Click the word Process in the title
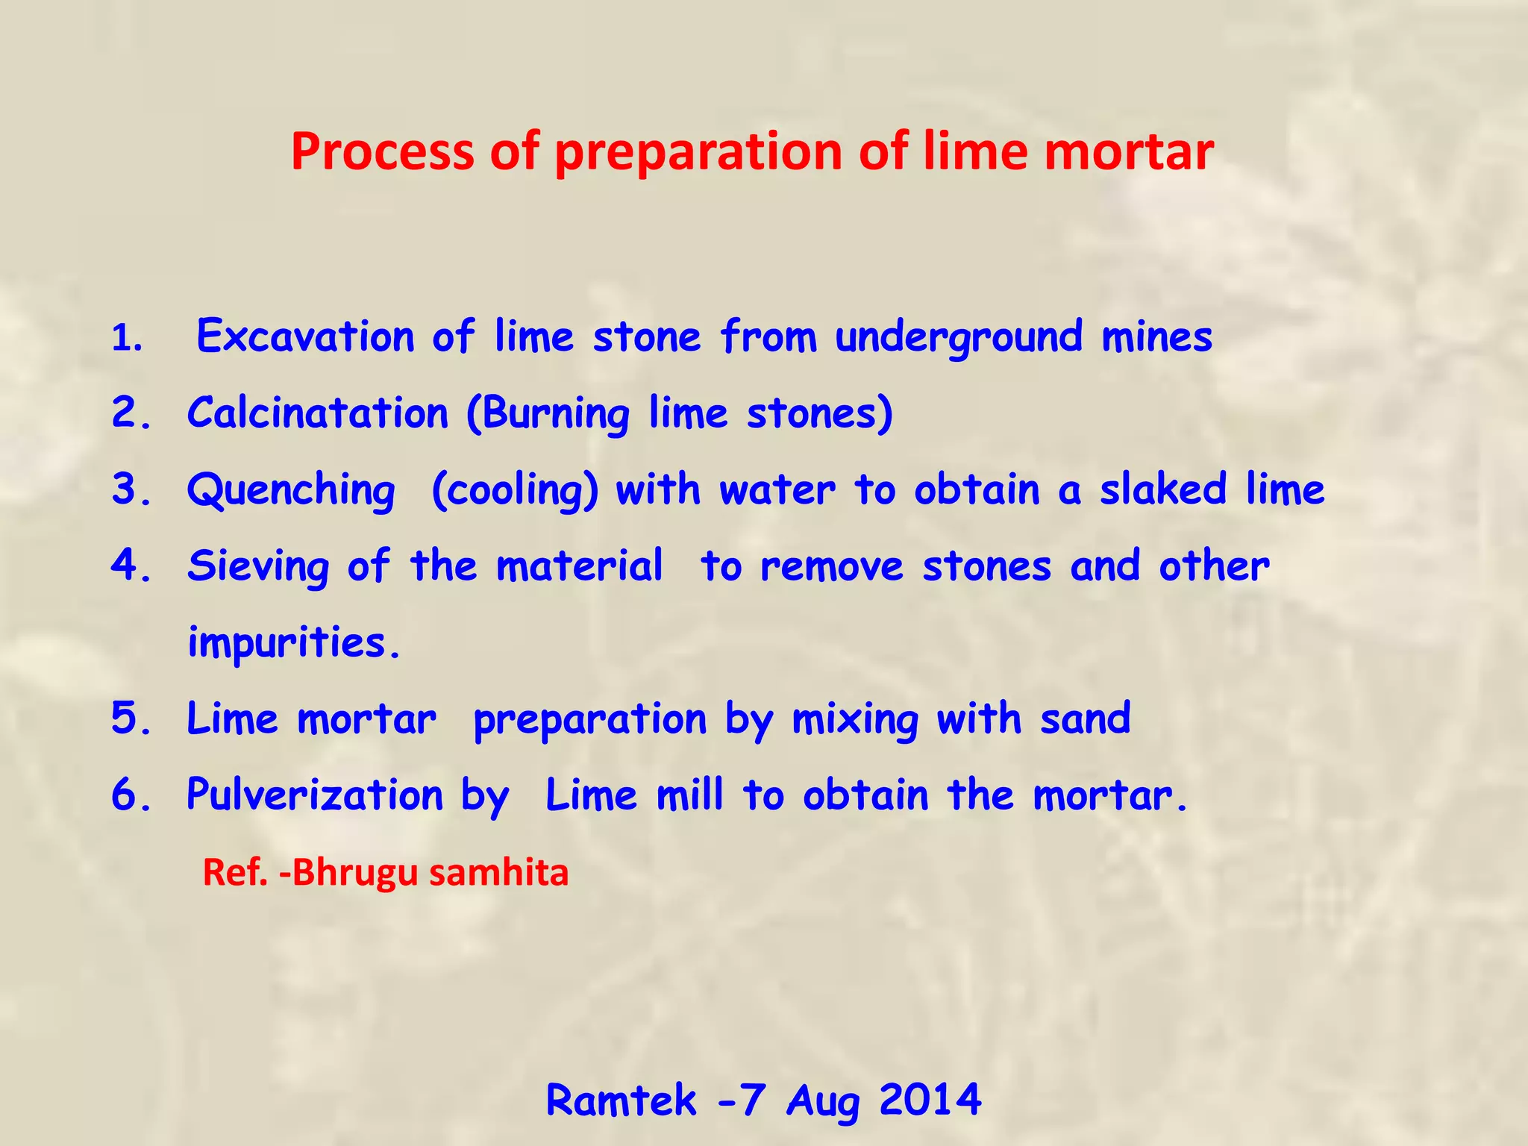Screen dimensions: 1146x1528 [382, 152]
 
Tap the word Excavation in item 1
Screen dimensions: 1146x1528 [304, 336]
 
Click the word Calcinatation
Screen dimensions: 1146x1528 [318, 413]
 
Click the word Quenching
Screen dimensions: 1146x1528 [291, 491]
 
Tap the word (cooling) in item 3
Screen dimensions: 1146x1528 [515, 491]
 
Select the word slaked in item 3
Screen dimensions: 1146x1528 [1163, 490]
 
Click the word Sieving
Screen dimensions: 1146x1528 [258, 566]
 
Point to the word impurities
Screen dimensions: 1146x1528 [293, 643]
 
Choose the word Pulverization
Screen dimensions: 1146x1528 [315, 795]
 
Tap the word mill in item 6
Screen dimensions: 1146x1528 [689, 795]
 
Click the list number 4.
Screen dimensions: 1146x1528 [131, 566]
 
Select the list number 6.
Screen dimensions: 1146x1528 [131, 795]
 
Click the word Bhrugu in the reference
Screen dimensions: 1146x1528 [355, 872]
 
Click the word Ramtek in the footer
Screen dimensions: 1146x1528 [621, 1100]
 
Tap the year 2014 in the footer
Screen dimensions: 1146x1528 [930, 1100]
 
